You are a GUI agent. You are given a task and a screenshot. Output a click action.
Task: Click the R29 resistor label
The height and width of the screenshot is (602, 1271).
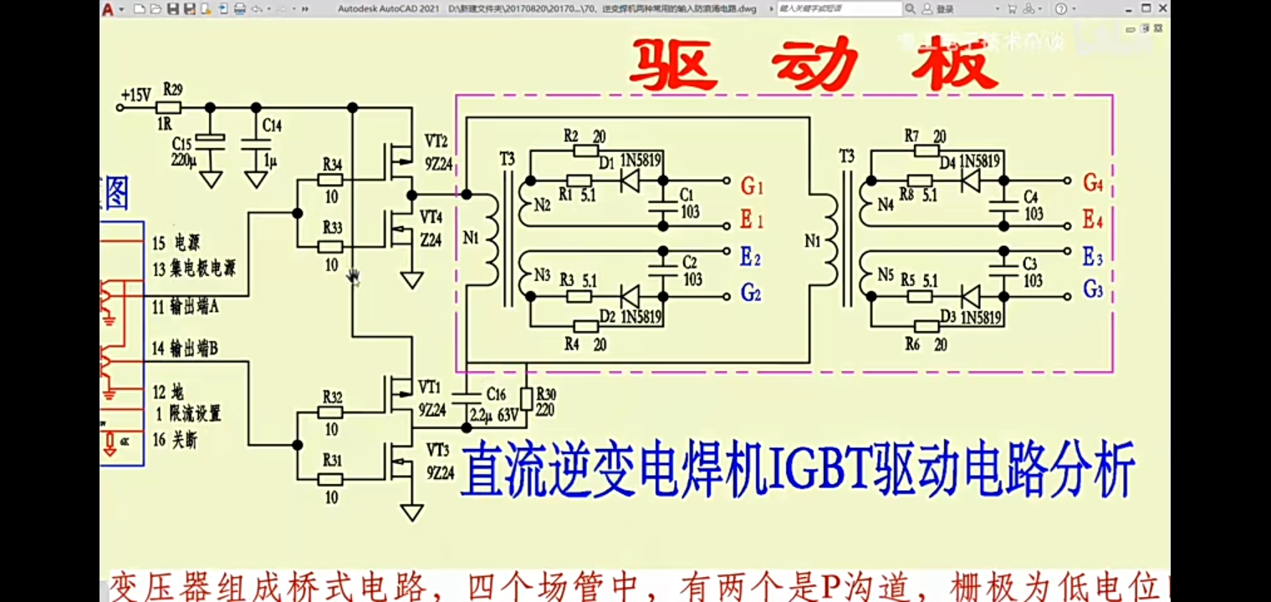pos(172,88)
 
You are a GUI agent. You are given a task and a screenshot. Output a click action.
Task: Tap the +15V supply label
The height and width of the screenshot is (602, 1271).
pos(135,95)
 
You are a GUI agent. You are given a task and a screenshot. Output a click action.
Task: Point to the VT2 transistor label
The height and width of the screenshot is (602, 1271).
pos(436,140)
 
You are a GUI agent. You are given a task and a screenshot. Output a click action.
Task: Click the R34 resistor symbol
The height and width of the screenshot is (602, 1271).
pos(332,180)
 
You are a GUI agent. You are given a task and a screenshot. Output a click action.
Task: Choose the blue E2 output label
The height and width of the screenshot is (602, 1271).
pos(750,258)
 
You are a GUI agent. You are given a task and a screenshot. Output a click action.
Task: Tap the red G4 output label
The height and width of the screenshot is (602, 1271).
pos(1093,182)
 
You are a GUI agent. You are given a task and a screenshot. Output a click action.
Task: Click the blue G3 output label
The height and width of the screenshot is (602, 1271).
pos(1093,289)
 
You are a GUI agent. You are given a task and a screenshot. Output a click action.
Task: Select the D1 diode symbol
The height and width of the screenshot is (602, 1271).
pos(630,180)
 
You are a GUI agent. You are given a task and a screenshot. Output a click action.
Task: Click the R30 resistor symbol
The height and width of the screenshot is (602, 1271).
pos(526,399)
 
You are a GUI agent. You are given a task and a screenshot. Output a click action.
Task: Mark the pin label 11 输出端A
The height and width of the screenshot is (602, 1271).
pos(186,308)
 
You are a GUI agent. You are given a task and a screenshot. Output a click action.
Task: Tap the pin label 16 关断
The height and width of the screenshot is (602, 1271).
pos(175,440)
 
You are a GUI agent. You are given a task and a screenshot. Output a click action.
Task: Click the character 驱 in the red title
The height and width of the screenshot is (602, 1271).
pos(673,65)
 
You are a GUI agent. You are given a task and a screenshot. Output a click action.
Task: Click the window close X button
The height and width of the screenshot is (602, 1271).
pos(1162,8)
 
